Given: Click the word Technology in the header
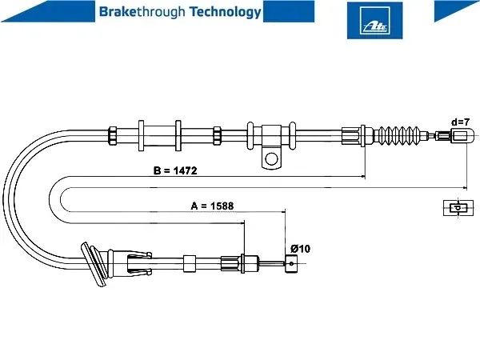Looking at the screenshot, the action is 226,12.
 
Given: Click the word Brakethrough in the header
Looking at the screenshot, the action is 142,12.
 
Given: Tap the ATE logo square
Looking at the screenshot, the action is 374,21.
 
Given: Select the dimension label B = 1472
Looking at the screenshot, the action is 175,170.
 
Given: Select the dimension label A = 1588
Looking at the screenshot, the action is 212,206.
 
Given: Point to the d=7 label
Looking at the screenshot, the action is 461,122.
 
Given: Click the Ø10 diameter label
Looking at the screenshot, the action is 300,249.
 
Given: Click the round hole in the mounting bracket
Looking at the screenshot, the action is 271,159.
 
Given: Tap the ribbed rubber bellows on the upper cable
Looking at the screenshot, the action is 399,135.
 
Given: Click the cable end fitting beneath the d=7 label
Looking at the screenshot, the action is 462,135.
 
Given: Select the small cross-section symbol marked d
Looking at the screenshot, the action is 458,207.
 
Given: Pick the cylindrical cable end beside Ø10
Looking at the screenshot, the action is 291,263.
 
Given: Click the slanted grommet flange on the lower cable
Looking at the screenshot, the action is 93,264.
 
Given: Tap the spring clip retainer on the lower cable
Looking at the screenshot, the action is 139,263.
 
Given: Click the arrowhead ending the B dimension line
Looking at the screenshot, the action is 363,177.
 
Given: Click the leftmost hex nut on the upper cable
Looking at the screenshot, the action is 113,136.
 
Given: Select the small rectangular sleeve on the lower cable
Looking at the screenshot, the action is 190,263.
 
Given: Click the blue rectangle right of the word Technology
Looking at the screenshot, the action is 289,11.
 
